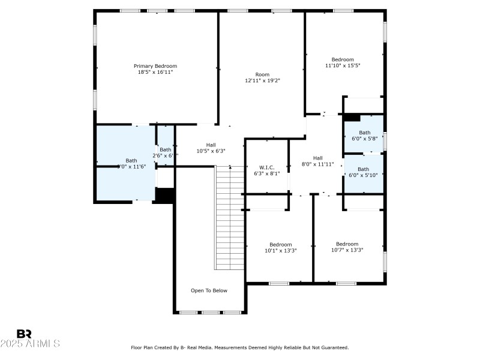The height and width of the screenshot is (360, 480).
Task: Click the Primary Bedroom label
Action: coord(155,66)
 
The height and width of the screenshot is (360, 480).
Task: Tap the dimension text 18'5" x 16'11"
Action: coord(155,72)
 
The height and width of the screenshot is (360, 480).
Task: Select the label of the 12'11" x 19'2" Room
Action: coord(262,74)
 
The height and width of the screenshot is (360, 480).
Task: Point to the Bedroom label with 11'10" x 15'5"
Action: coord(343,59)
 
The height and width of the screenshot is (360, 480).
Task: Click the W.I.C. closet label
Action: coord(266,167)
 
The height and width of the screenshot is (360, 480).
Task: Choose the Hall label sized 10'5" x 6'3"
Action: coord(211,145)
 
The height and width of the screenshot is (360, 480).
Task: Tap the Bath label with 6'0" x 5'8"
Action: coord(364,133)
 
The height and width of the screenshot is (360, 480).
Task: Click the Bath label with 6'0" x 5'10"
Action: coord(364,169)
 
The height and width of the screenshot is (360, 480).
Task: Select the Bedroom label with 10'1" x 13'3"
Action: coord(280,244)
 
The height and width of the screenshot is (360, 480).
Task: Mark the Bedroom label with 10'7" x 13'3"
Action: coord(347,244)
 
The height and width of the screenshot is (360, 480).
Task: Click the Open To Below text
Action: coord(209,290)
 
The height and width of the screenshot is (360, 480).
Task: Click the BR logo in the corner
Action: coord(24,334)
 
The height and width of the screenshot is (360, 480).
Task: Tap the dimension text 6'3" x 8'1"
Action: coord(266,173)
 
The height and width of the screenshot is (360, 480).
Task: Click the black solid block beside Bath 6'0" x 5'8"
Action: coord(351,118)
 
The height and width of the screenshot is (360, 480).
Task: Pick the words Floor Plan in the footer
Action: coord(142,347)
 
